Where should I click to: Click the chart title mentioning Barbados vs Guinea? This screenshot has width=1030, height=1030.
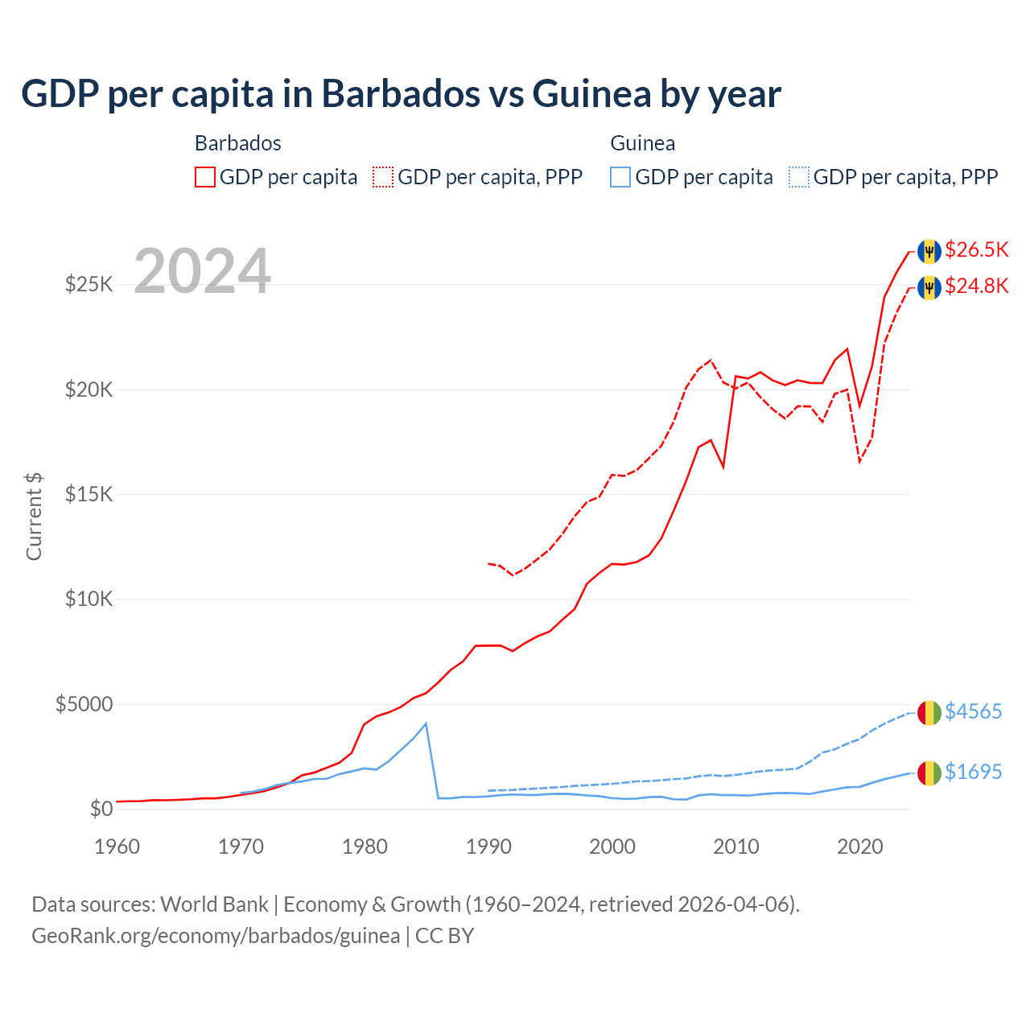[x=401, y=94]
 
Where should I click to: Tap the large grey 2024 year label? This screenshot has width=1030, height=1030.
[x=202, y=271]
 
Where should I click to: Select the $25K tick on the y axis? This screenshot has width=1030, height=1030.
[x=89, y=285]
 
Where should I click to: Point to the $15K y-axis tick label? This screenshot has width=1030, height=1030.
[x=89, y=494]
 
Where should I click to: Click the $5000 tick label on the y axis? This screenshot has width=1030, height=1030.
[x=84, y=705]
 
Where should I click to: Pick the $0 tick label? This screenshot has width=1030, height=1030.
[x=101, y=810]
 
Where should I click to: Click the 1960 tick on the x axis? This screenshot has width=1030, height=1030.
[x=117, y=847]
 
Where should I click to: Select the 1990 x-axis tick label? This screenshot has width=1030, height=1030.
[x=488, y=847]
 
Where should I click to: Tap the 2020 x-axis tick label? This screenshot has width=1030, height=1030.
[x=860, y=847]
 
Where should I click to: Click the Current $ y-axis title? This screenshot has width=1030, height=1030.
[x=34, y=517]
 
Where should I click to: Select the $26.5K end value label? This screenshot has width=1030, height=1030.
[x=976, y=250]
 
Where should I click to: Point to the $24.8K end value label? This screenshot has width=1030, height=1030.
[x=976, y=286]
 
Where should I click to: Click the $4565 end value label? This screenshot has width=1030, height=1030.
[x=973, y=712]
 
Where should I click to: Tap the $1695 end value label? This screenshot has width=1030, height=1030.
[x=973, y=772]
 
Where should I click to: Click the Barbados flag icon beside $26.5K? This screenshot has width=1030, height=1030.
[x=929, y=251]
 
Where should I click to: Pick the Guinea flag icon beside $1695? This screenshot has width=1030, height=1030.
[x=929, y=773]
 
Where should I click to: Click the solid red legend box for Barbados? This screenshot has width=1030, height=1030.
[x=205, y=177]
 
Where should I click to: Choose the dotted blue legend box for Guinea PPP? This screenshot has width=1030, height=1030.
[x=799, y=177]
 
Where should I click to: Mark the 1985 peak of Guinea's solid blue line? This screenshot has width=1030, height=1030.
[x=426, y=723]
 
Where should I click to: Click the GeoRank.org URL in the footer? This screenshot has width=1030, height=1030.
[x=216, y=936]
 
